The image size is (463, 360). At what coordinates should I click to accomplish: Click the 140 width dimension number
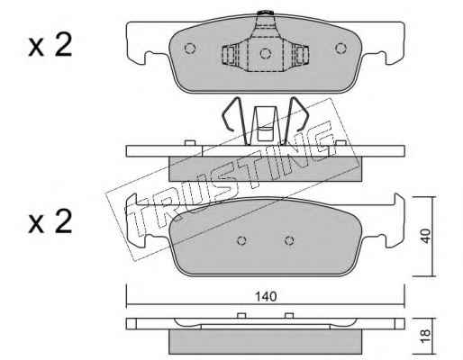(266, 296)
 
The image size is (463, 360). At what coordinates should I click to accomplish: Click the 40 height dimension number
(425, 236)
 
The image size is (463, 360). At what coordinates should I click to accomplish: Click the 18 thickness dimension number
(425, 337)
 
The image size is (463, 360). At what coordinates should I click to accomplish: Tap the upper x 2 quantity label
(50, 45)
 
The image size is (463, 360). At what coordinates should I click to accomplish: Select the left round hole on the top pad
(190, 48)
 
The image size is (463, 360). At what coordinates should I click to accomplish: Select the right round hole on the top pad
(340, 48)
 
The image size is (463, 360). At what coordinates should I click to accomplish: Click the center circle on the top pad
(266, 53)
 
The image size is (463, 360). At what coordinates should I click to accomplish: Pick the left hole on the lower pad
(241, 240)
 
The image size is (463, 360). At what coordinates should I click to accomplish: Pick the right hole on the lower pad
(289, 240)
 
